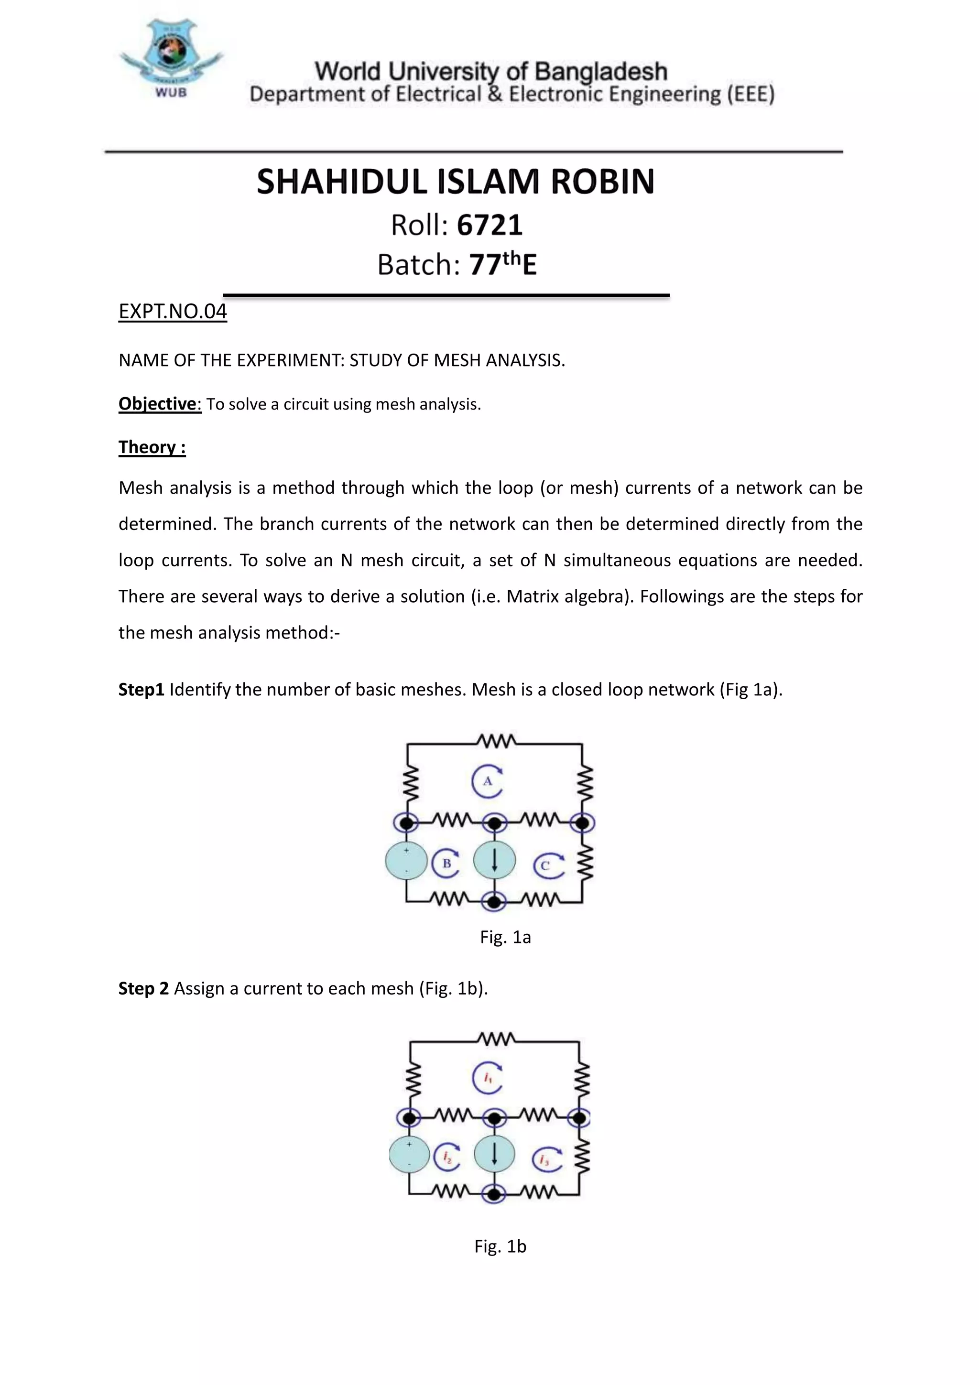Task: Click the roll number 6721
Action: click(489, 226)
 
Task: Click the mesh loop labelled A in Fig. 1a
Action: click(488, 781)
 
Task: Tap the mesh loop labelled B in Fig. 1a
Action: click(446, 863)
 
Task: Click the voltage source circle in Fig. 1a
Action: click(406, 861)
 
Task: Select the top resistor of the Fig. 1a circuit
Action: click(496, 740)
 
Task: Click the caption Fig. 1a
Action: click(505, 937)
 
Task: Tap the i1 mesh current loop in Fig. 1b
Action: click(488, 1077)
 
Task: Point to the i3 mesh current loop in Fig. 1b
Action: click(546, 1159)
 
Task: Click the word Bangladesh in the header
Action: click(601, 71)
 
